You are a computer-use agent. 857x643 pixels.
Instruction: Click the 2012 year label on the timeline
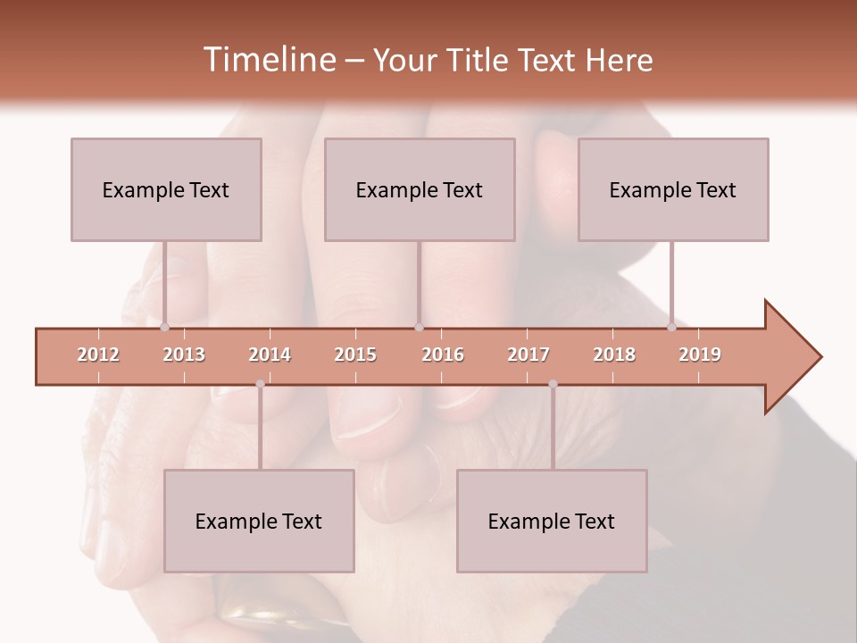click(98, 355)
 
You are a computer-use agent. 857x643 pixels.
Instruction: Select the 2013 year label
click(184, 355)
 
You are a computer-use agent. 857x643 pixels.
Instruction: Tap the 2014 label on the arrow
click(270, 355)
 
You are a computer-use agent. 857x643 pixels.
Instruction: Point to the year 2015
click(355, 355)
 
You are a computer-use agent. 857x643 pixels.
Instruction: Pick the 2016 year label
click(442, 355)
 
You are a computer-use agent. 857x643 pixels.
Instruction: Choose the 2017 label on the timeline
click(528, 355)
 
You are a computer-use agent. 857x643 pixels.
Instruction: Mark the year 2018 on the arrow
click(614, 355)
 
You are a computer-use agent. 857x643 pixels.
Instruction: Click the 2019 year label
click(700, 355)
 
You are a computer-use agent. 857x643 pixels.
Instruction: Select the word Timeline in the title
click(268, 60)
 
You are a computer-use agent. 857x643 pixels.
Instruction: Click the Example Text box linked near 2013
click(166, 189)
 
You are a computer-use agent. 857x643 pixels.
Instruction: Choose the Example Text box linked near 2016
click(420, 189)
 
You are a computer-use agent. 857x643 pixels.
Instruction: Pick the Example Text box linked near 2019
click(673, 189)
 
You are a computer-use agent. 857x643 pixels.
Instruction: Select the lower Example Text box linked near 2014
click(259, 521)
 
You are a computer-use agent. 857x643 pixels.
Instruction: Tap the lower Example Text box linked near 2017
click(552, 521)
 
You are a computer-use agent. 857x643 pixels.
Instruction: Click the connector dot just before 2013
click(164, 328)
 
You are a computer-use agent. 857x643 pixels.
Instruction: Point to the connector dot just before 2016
click(419, 328)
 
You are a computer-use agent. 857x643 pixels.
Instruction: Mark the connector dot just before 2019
click(671, 328)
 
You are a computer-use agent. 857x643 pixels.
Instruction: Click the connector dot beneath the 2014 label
click(260, 384)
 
